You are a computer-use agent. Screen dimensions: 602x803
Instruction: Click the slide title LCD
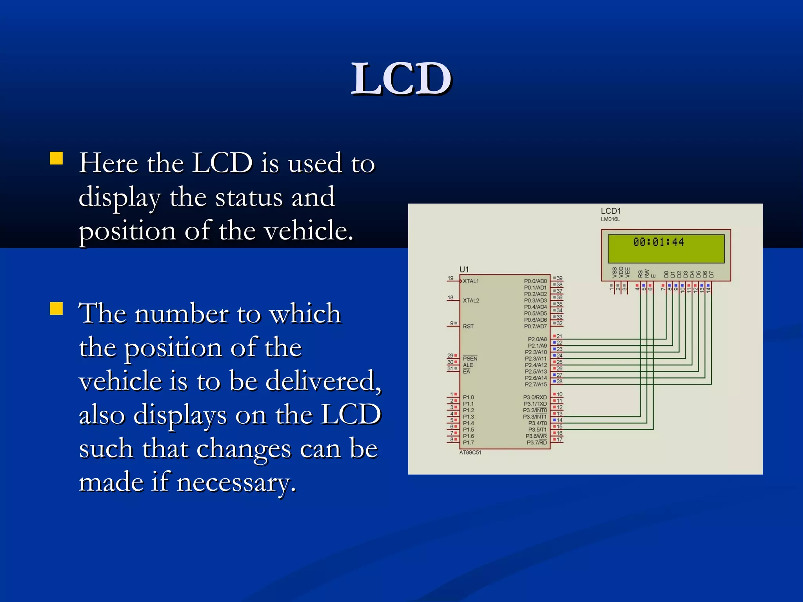pos(401,79)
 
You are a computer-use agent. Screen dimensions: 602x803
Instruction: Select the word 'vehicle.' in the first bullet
pos(309,230)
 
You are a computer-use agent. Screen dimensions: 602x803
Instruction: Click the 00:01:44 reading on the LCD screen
pos(658,242)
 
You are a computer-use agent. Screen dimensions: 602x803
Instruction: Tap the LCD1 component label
pos(610,211)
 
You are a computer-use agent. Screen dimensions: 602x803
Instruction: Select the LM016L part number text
pos(610,219)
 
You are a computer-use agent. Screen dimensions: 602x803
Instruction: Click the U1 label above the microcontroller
pos(464,269)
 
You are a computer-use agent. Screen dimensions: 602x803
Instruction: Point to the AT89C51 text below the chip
pos(470,453)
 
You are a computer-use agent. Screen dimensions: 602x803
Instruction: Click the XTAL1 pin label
pos(471,281)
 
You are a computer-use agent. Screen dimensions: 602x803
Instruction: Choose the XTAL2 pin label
pos(471,301)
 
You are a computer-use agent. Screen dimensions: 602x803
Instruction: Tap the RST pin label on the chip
pos(468,326)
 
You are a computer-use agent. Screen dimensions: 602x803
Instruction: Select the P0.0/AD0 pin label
pos(535,281)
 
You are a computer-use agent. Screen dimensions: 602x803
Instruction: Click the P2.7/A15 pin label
pos(536,384)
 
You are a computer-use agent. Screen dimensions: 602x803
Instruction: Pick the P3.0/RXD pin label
pos(535,397)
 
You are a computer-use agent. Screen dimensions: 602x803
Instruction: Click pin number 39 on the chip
pos(560,278)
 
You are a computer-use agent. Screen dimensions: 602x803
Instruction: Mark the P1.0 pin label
pos(468,397)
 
